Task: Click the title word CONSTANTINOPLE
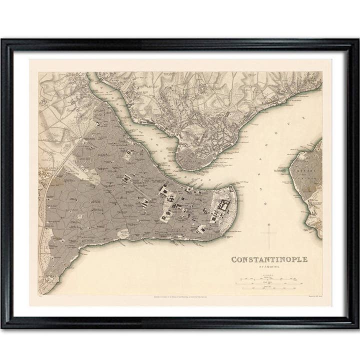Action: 269,259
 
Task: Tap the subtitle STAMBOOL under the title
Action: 269,267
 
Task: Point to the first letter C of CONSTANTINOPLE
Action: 234,259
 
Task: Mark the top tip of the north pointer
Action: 268,223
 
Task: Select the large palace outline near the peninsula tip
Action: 222,205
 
